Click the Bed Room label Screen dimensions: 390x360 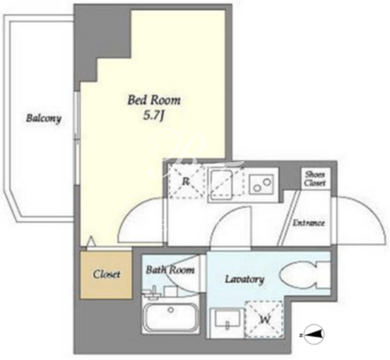tap(154, 100)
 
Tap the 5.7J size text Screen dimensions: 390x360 tap(154, 116)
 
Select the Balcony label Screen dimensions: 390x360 tap(44, 118)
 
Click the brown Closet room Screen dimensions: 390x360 tap(106, 275)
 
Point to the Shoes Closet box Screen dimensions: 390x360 tap(315, 178)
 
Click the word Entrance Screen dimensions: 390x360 tap(309, 223)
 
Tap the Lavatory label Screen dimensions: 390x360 tap(244, 279)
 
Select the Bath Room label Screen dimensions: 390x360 tap(170, 270)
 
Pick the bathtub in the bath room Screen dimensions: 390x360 tap(171, 315)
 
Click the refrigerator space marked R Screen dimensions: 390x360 tap(186, 181)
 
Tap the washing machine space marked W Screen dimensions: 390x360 tap(264, 320)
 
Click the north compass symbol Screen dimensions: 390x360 tap(314, 335)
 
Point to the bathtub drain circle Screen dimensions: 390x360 tap(171, 310)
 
